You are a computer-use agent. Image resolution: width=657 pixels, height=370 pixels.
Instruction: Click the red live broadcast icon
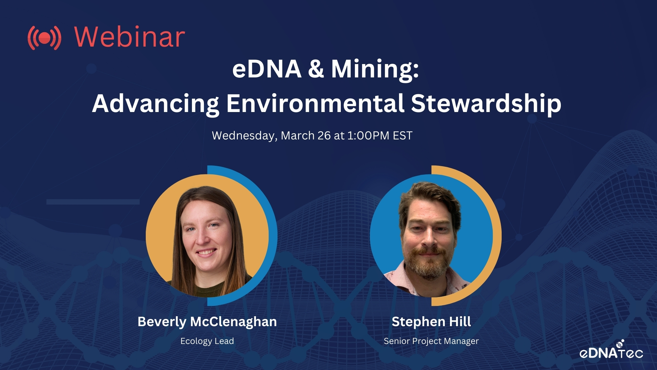44,38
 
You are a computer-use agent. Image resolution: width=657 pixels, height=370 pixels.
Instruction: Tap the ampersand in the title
316,69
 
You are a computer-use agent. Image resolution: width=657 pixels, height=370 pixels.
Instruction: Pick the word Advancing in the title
156,104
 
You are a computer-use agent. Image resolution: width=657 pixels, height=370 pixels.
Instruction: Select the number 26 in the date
324,136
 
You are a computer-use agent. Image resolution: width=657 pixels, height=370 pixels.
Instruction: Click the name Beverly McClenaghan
207,322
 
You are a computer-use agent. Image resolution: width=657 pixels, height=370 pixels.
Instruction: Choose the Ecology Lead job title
207,341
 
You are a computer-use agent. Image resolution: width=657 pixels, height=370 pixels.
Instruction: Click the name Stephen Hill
431,322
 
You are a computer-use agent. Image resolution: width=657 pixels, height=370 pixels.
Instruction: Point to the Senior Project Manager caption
431,341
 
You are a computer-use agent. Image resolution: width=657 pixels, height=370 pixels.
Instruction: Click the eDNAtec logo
611,350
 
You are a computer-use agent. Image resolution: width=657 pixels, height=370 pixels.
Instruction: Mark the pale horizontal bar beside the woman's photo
93,202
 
